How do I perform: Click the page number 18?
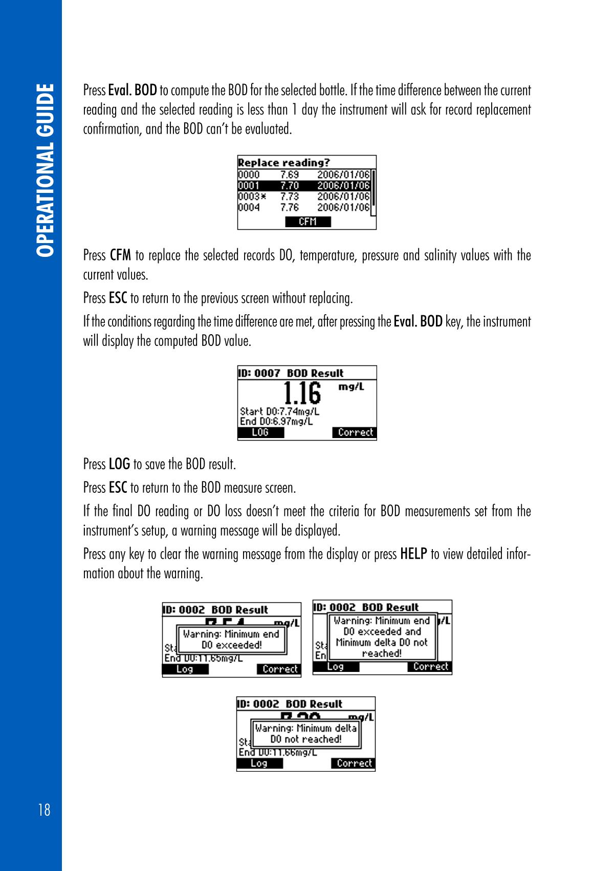click(x=44, y=810)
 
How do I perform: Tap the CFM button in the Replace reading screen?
click(x=308, y=222)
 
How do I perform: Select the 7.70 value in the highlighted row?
click(x=289, y=185)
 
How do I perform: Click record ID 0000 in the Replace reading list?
click(x=249, y=175)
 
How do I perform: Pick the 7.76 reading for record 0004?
click(x=289, y=207)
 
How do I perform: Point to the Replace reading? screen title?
click(x=284, y=163)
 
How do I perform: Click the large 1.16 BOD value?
click(x=302, y=394)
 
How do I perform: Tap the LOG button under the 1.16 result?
click(x=260, y=432)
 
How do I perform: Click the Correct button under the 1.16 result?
click(x=355, y=432)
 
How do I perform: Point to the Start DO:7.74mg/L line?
click(x=279, y=411)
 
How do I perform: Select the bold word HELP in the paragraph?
click(x=413, y=554)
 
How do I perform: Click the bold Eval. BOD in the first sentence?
click(x=133, y=91)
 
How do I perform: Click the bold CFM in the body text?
click(x=121, y=254)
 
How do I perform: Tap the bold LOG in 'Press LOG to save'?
click(x=119, y=464)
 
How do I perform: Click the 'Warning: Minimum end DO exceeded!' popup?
click(x=231, y=639)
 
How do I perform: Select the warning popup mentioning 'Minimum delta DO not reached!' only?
click(x=305, y=734)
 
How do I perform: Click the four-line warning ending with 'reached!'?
click(x=382, y=637)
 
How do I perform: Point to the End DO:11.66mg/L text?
click(x=277, y=752)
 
